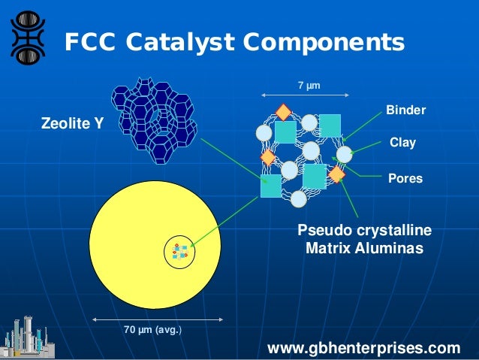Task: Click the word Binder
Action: coord(405,110)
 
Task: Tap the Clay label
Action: coord(402,141)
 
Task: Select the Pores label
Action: coord(405,179)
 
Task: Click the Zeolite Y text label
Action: coord(72,125)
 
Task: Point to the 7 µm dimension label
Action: coord(309,86)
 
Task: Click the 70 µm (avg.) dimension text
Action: coord(152,329)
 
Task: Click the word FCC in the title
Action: coord(89,42)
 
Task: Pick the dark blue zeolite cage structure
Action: coord(153,120)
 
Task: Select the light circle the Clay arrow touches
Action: coord(344,154)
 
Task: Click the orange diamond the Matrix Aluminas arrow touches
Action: coord(336,174)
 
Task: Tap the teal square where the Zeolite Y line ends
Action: coord(270,186)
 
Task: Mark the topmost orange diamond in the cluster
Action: coord(283,112)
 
